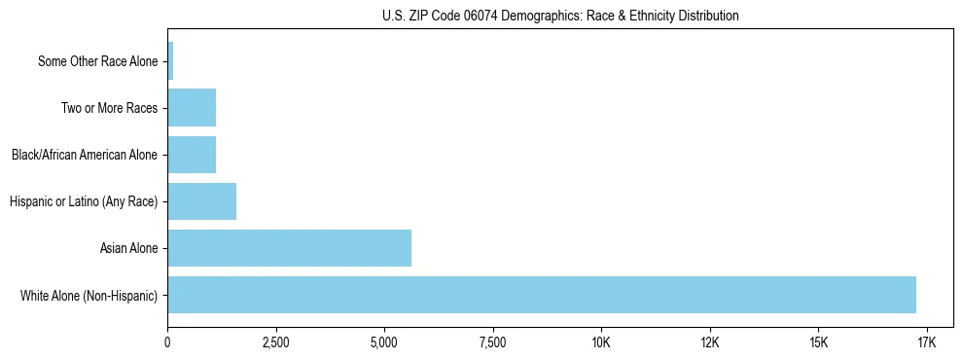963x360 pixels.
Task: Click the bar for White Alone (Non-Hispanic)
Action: click(x=542, y=295)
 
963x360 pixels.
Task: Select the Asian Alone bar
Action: click(x=289, y=248)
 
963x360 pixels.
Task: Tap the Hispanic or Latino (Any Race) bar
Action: click(x=201, y=201)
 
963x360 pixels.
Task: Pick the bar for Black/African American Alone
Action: click(x=192, y=155)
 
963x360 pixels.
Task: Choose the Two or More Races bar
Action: click(x=192, y=108)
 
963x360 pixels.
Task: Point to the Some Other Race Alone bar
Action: click(x=170, y=61)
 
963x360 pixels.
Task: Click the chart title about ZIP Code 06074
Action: click(x=560, y=16)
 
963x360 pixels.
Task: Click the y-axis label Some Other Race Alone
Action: click(x=97, y=61)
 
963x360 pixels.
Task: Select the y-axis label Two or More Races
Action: click(x=109, y=108)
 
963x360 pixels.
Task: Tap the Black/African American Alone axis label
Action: click(x=85, y=155)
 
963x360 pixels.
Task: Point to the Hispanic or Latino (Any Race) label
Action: click(x=84, y=201)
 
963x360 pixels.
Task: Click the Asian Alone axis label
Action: click(x=128, y=248)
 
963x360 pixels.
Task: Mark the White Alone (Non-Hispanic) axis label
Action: click(x=89, y=295)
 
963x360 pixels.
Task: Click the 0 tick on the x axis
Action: click(x=168, y=342)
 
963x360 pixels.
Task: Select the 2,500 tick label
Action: click(x=276, y=342)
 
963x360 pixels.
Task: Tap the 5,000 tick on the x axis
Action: click(x=384, y=342)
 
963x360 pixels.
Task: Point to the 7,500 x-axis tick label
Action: click(x=493, y=342)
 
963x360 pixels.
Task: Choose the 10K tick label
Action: click(x=601, y=342)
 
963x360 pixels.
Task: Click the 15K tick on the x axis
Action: click(x=818, y=342)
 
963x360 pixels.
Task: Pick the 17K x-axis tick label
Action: click(x=926, y=342)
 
